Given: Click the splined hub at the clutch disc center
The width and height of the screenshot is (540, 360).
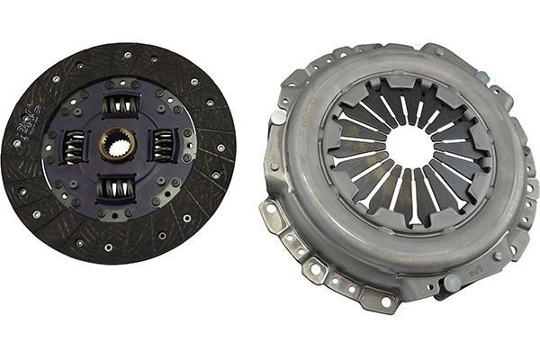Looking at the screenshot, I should click(118, 144).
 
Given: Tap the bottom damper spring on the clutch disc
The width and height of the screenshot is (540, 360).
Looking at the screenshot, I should click(118, 186).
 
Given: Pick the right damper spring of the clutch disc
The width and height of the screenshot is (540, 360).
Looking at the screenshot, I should click(164, 145).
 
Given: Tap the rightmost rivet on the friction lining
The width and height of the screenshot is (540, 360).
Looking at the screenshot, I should click(220, 148).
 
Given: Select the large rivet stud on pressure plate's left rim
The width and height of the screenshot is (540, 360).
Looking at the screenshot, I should click(279, 116).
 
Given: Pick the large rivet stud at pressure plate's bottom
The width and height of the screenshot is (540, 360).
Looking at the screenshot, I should click(453, 283).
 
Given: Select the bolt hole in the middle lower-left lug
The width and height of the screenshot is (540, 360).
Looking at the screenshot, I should click(316, 267).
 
